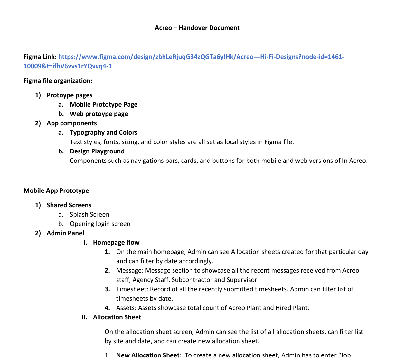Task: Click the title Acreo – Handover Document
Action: [197, 28]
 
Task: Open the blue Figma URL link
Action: [201, 57]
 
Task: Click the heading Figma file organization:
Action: [58, 81]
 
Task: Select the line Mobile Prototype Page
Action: [104, 104]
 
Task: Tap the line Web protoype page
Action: [99, 114]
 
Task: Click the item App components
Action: [71, 123]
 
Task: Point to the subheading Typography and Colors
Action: [103, 132]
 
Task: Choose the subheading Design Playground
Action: [97, 151]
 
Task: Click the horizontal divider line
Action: [197, 180]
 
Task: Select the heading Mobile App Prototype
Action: [56, 190]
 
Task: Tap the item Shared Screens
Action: [69, 205]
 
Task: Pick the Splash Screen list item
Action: [89, 214]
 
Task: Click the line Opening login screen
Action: [100, 224]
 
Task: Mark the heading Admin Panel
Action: [65, 233]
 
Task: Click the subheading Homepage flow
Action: [116, 242]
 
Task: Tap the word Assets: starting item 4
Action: [126, 308]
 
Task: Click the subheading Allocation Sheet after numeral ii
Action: [117, 317]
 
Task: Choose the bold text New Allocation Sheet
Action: [148, 355]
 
